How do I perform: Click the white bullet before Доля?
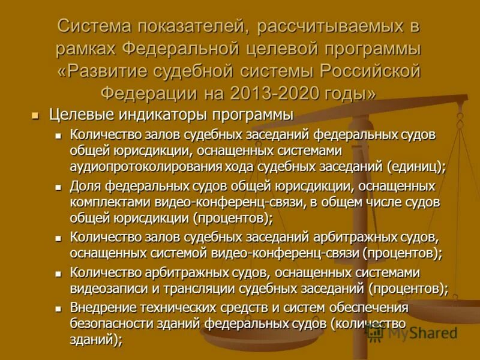[x=58, y=187]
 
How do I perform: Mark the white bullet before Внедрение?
[x=58, y=308]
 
